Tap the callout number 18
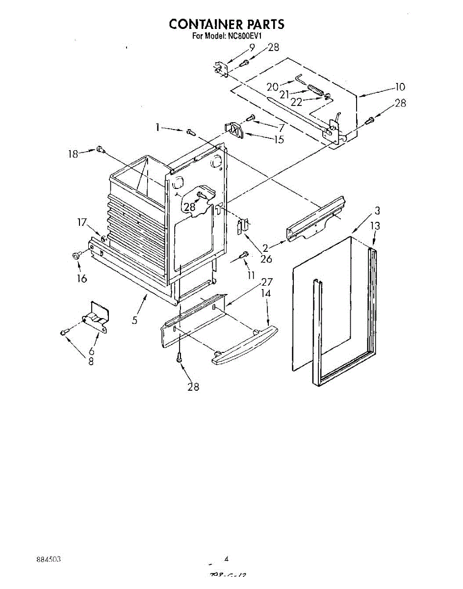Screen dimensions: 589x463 73,154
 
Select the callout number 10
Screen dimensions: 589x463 400,87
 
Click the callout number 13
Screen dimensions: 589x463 375,226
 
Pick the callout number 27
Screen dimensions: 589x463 267,282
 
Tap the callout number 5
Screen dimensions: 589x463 135,321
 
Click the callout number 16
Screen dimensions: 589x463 81,279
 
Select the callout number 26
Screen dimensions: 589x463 266,259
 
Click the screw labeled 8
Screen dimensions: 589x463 64,333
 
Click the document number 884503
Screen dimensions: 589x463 48,560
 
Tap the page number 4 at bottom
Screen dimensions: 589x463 227,558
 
